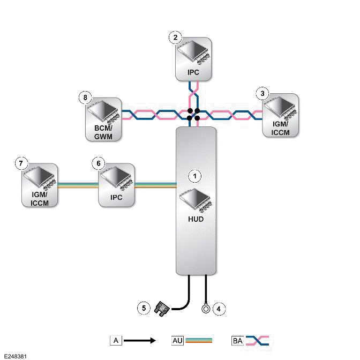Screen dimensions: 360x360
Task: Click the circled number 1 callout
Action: pyautogui.click(x=196, y=175)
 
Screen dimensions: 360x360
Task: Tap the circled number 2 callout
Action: pyautogui.click(x=175, y=37)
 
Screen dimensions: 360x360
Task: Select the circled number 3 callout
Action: pyautogui.click(x=262, y=93)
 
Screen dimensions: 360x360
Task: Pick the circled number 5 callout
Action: pyautogui.click(x=143, y=307)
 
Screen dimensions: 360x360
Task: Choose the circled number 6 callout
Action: pyautogui.click(x=97, y=162)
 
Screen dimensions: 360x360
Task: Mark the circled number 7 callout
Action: pyautogui.click(x=21, y=162)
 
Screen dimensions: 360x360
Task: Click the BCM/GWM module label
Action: pyautogui.click(x=103, y=132)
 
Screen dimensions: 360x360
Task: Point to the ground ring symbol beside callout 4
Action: pyautogui.click(x=205, y=308)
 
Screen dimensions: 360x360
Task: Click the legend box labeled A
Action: pyautogui.click(x=116, y=340)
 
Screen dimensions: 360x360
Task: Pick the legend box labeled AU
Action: pyautogui.click(x=178, y=340)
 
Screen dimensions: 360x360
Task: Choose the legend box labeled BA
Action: pyautogui.click(x=238, y=340)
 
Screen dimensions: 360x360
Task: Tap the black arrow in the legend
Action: pyautogui.click(x=140, y=340)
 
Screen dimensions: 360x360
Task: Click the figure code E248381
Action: pyautogui.click(x=16, y=355)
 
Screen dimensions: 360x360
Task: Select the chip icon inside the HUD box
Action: pyautogui.click(x=197, y=199)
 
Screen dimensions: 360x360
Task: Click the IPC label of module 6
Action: pyautogui.click(x=116, y=197)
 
